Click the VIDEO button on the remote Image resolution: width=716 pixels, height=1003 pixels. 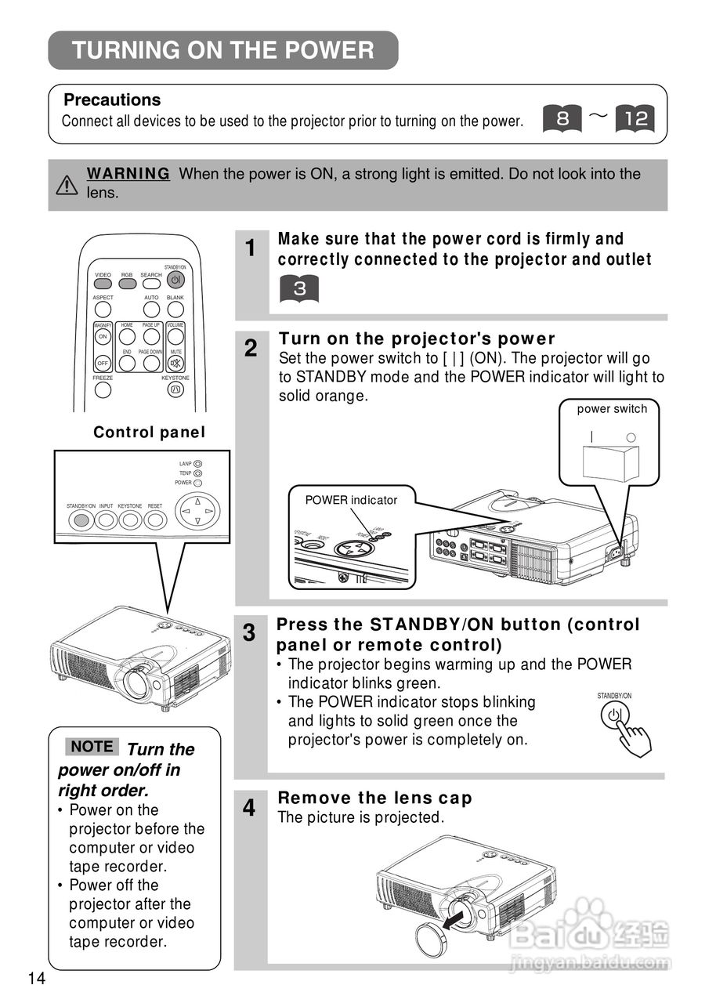point(103,283)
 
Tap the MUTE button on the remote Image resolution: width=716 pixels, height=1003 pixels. point(176,364)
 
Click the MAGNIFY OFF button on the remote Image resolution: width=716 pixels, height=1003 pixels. point(103,364)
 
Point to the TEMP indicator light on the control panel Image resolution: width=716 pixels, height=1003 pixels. point(197,473)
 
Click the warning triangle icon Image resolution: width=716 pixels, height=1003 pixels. point(67,185)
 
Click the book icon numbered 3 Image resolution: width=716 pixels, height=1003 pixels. point(299,288)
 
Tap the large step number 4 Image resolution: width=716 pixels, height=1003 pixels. point(249,808)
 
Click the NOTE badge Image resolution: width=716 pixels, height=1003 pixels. point(92,747)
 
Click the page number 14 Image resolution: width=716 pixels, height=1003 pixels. point(36,979)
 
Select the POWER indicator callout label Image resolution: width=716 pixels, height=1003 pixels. point(351,500)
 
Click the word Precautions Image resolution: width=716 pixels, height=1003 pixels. point(112,100)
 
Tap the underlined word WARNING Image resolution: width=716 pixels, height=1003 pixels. point(128,174)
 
